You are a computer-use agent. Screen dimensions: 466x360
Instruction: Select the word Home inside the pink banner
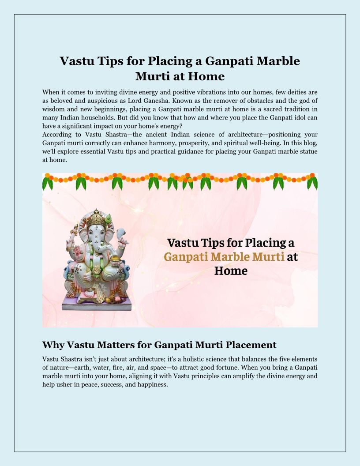tap(231, 270)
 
